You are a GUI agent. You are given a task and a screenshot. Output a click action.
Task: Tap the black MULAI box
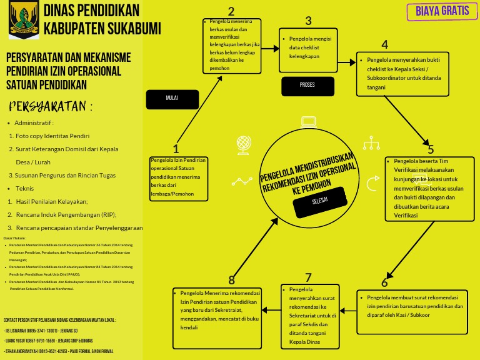coord(172,99)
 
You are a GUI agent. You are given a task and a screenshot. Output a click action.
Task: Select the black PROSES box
coord(307,85)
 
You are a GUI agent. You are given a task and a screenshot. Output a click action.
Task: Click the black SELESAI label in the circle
coord(319,201)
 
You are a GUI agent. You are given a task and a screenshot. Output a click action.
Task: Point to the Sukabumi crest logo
coord(24,19)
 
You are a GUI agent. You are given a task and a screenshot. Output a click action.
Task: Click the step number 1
coord(176,149)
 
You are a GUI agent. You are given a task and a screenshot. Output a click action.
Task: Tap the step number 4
coord(384,44)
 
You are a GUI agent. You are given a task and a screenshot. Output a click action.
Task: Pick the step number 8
coord(232,279)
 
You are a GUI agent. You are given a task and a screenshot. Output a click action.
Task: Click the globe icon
coord(244,145)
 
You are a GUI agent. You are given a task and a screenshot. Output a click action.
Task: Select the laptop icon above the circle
coord(309,122)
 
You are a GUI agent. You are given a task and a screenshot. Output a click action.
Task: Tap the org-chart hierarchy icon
coord(371,143)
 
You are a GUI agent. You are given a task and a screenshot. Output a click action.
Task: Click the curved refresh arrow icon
coord(372,183)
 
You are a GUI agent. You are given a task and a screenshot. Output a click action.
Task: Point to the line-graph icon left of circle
coord(242,181)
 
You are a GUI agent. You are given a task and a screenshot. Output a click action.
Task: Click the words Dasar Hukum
coord(15,238)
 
